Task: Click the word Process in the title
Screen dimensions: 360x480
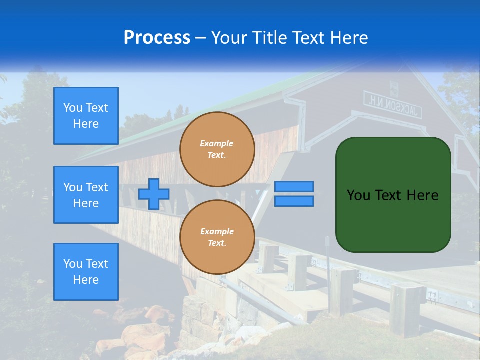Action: [157, 38]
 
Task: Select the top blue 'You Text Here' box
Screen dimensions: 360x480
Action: [86, 116]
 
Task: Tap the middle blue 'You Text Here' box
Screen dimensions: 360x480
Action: [86, 195]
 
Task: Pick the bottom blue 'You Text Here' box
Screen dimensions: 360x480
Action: [86, 272]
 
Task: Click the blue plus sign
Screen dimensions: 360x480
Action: [154, 194]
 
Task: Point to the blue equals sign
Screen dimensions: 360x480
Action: [294, 194]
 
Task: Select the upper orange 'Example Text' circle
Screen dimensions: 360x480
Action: [217, 149]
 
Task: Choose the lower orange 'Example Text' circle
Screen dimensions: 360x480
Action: [217, 237]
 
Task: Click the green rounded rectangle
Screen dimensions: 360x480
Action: [393, 195]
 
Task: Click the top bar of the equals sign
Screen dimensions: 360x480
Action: [294, 187]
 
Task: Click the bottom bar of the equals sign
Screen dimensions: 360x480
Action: [294, 201]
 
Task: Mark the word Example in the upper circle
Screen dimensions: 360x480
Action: [217, 143]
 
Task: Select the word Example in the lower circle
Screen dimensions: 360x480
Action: [217, 231]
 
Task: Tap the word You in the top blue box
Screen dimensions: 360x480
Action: [73, 108]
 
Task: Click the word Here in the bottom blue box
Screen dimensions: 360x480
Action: [86, 280]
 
